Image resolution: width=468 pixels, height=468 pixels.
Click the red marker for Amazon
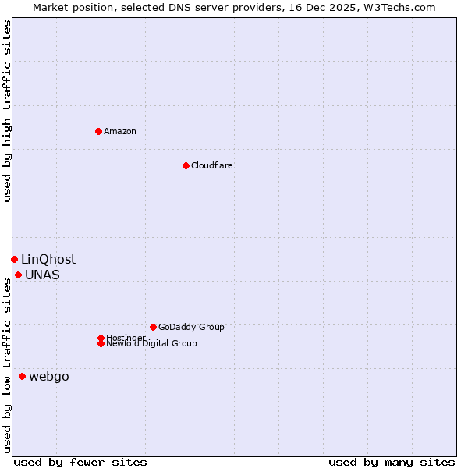[x=98, y=131]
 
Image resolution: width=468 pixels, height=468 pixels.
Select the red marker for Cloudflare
[x=186, y=165]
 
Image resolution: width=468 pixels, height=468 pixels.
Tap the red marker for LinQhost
[x=14, y=259]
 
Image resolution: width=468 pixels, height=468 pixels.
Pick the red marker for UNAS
[x=18, y=275]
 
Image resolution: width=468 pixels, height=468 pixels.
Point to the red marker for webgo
[x=22, y=377]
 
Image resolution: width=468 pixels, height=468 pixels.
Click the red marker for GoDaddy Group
[x=153, y=327]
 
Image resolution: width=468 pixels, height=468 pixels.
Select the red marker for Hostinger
[x=101, y=338]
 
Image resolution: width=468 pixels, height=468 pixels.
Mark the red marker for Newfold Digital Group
[x=101, y=343]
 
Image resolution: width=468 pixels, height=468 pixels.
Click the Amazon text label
[x=120, y=131]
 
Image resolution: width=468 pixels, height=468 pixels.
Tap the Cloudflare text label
[x=212, y=165]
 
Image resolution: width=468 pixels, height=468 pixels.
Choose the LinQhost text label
[x=48, y=259]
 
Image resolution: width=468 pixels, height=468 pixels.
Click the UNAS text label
[x=42, y=275]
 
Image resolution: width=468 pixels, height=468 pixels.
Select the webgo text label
[x=49, y=377]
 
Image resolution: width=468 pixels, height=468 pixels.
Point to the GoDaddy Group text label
[x=191, y=327]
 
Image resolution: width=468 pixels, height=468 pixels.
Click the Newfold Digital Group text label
[x=152, y=344]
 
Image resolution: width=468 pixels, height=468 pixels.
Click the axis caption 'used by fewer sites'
[x=80, y=462]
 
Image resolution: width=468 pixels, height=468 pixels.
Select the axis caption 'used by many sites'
[x=392, y=462]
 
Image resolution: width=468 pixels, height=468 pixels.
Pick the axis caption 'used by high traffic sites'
[x=7, y=111]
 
